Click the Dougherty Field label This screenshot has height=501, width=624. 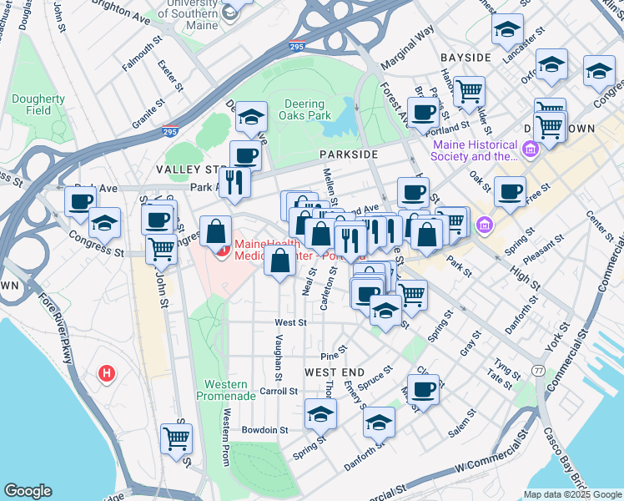pos(38,104)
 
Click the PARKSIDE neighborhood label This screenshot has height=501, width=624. pos(349,154)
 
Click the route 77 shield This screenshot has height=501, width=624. pos(539,370)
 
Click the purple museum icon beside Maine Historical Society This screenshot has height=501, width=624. pos(530,149)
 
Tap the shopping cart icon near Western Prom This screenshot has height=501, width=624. pos(177,438)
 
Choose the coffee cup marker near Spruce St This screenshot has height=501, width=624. pos(424,389)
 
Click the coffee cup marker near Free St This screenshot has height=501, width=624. pos(510,190)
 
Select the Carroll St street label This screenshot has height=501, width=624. pos(279,391)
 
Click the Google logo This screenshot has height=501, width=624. pos(28,491)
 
